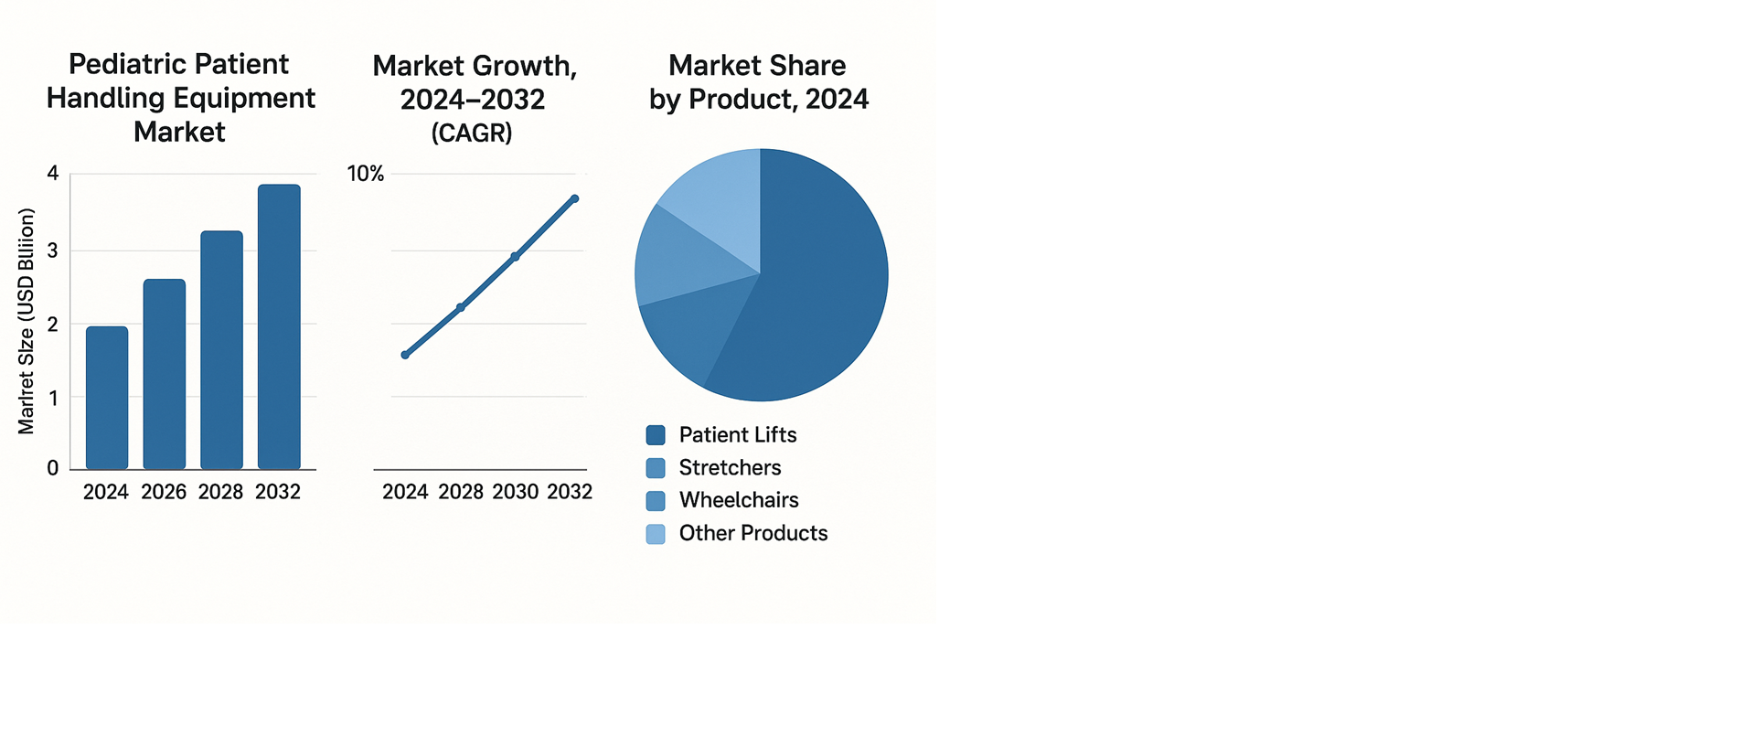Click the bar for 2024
[107, 398]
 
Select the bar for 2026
[165, 374]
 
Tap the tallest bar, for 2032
[279, 326]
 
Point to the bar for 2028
[221, 350]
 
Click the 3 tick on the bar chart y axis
[53, 251]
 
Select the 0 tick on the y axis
[53, 468]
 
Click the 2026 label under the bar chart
[164, 492]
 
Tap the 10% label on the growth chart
[366, 174]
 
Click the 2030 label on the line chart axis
[516, 492]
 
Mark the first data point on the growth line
[405, 355]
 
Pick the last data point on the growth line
[574, 198]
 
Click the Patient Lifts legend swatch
[656, 435]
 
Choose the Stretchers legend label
[730, 468]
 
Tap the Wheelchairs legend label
[739, 500]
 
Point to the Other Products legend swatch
[656, 534]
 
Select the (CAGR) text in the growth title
[472, 133]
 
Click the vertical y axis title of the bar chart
[27, 321]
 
